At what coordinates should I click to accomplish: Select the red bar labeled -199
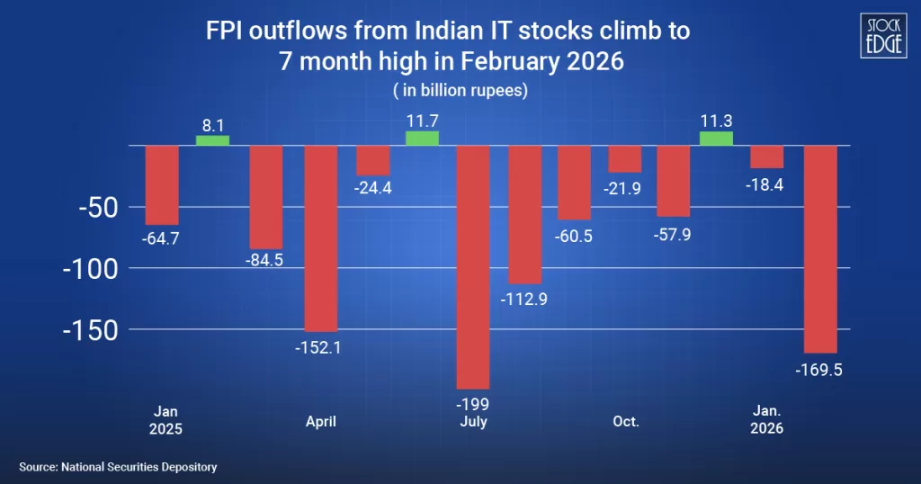(474, 266)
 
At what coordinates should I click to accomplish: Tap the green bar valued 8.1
(212, 140)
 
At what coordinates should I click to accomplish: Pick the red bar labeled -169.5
(820, 248)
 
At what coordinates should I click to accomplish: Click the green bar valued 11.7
(422, 138)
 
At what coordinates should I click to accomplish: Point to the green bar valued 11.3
(716, 138)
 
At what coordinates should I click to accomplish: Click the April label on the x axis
(320, 421)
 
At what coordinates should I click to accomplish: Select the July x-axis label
(473, 421)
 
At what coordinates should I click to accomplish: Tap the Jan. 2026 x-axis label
(767, 421)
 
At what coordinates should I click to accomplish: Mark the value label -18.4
(767, 184)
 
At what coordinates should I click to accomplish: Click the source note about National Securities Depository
(118, 467)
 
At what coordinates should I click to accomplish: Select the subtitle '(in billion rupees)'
(460, 91)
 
